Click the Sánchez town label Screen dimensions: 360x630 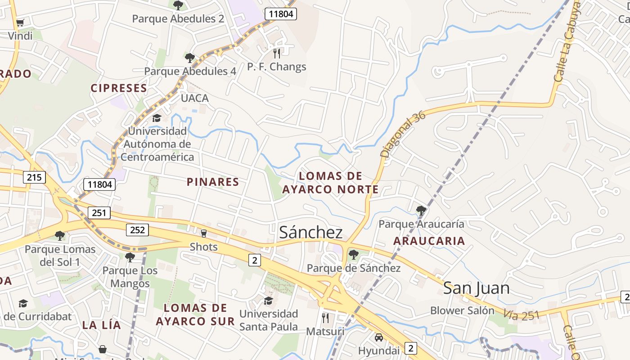311,232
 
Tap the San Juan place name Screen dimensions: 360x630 476,288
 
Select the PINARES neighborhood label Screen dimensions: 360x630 213,182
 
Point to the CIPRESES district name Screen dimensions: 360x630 119,88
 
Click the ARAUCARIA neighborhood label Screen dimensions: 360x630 429,241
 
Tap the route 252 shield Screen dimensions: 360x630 137,230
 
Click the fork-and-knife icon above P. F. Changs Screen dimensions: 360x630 277,54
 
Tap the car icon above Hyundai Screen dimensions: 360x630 379,337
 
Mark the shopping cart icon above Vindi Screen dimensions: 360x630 20,22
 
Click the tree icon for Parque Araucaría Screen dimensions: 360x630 421,210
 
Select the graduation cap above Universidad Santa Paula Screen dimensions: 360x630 268,300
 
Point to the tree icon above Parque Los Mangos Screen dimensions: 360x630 130,257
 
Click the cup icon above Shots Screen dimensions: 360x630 203,233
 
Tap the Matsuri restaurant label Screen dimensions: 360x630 325,332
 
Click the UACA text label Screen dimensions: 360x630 194,98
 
